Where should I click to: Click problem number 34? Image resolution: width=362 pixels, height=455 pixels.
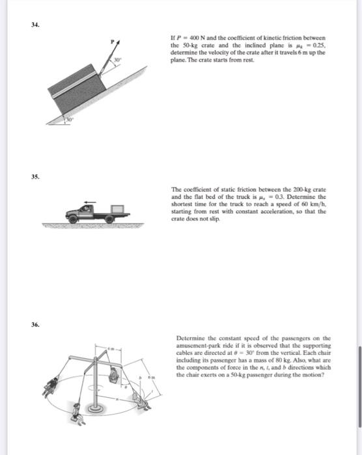pos(35,25)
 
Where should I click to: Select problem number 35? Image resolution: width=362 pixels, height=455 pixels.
pos(35,177)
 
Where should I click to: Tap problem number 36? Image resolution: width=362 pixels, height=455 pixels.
pos(35,325)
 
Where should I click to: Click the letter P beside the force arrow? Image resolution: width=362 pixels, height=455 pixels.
pos(112,41)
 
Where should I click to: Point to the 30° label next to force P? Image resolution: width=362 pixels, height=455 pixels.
pos(117,60)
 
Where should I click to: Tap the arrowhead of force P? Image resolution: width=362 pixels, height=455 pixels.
pos(118,42)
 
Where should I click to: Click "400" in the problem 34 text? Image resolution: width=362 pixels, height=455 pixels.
pos(195,38)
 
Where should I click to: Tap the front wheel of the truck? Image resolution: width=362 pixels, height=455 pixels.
pos(72,219)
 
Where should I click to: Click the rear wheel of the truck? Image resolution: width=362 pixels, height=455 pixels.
pos(109,219)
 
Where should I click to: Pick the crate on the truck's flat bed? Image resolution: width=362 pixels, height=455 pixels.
pos(117,209)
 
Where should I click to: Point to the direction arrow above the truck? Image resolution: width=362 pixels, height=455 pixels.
pos(90,202)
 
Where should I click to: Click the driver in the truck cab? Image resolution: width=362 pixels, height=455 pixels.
pos(86,209)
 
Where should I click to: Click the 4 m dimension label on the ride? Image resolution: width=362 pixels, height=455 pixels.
pos(111,348)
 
